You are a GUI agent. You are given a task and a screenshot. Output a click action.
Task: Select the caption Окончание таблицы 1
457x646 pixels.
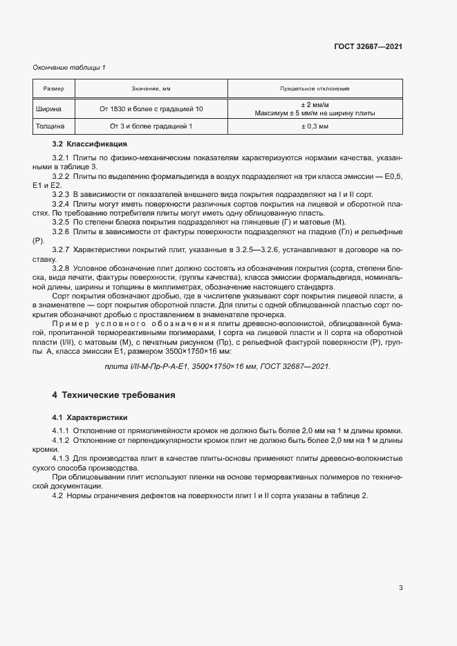click(69, 67)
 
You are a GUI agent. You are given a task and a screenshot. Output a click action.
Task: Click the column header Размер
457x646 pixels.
click(53, 89)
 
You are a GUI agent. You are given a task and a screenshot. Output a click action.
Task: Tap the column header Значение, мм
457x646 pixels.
click(151, 89)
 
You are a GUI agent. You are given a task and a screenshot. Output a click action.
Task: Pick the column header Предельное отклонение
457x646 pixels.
click(315, 89)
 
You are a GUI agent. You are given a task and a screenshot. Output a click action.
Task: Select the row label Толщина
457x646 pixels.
click(50, 127)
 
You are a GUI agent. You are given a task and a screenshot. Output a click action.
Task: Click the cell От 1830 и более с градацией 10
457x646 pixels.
click(151, 108)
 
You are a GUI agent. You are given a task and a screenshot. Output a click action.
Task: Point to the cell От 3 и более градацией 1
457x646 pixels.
click(151, 127)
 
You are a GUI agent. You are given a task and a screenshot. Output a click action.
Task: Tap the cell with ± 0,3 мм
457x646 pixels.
click(315, 127)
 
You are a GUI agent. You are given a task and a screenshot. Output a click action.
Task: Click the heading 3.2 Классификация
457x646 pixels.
click(89, 144)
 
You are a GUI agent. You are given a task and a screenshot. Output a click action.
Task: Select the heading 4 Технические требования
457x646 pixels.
click(113, 395)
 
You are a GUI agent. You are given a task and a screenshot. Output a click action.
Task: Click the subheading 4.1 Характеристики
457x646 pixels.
click(89, 418)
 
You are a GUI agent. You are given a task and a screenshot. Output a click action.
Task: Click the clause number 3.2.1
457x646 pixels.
click(62, 158)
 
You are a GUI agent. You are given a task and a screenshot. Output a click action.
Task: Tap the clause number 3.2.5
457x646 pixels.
click(62, 222)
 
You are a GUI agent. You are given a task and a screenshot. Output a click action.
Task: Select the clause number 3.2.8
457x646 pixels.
click(62, 266)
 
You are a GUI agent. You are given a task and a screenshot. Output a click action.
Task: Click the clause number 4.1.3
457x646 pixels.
click(62, 459)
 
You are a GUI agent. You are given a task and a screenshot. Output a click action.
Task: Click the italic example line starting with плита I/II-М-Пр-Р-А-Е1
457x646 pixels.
click(216, 366)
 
